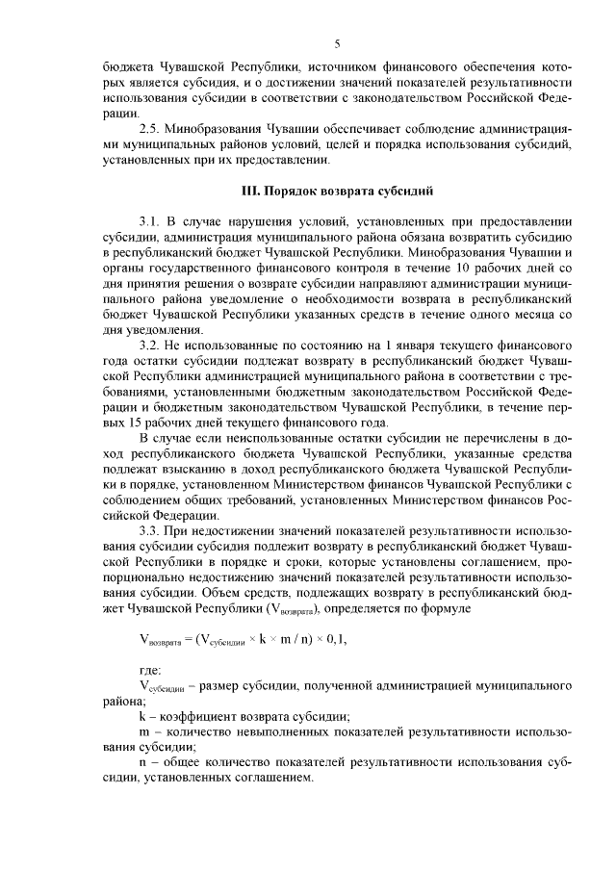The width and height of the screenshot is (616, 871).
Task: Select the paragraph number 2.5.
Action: click(150, 129)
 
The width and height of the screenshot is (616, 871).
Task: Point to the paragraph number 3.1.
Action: click(150, 220)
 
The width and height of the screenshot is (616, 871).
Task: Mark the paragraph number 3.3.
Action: click(150, 530)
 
